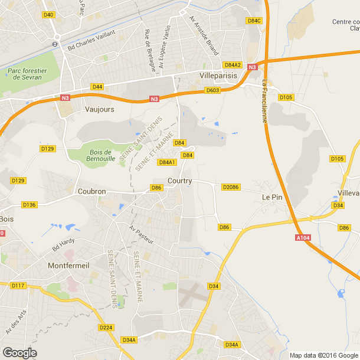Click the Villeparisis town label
(x=220, y=76)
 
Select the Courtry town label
(x=179, y=181)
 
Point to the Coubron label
(x=92, y=191)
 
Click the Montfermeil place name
(x=68, y=266)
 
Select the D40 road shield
(x=49, y=15)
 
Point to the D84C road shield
(x=254, y=21)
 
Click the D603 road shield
(x=212, y=90)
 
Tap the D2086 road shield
(x=230, y=187)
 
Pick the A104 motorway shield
(x=303, y=238)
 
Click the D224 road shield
(x=106, y=328)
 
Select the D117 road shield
(x=18, y=286)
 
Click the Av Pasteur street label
(x=142, y=234)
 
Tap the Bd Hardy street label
(x=64, y=244)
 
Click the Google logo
(x=20, y=353)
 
